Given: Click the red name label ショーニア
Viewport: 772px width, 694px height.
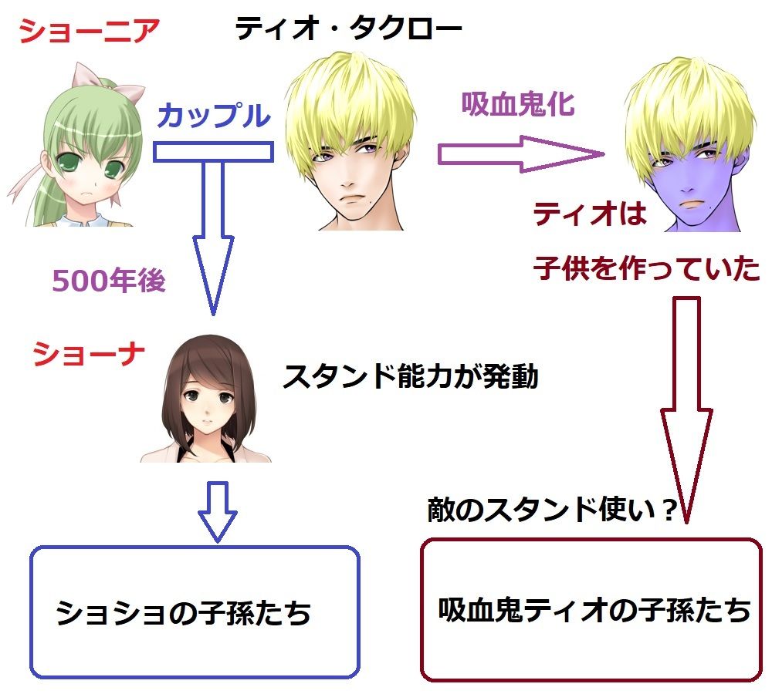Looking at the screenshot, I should (90, 32).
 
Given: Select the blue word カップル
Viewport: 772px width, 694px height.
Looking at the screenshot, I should (213, 116).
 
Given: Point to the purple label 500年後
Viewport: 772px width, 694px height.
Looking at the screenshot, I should (109, 281).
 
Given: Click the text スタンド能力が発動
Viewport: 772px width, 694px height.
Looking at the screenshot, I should (410, 377).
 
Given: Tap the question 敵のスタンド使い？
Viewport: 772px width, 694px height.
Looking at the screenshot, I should (552, 510).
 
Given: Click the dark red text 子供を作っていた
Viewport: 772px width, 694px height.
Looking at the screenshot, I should (647, 268).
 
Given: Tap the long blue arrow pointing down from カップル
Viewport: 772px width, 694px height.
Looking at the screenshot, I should (212, 231).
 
